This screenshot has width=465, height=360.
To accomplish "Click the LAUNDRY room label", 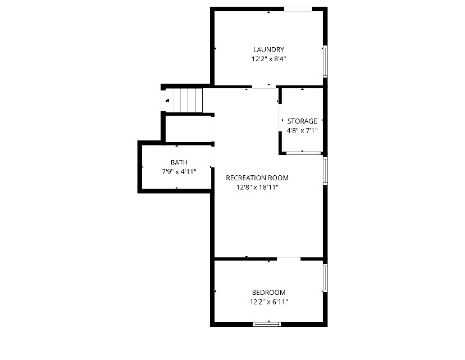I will tap(268, 49).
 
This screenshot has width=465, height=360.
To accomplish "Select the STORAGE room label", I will tap(302, 121).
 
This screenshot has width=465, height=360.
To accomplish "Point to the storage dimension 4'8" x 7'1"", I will tap(302, 130).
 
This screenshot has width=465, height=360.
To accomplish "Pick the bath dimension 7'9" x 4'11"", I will tap(179, 171).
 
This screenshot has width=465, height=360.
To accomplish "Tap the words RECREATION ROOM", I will tap(257, 178).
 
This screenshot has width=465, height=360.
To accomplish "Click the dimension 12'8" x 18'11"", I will tap(257, 187).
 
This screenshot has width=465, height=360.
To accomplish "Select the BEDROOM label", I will tap(268, 293).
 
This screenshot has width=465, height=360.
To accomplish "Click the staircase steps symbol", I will tap(188, 101).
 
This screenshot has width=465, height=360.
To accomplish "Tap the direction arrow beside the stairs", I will tap(167, 101).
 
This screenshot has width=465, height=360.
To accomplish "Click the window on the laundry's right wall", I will tap(325, 61).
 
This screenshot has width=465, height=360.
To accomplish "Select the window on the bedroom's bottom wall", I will tap(266, 323).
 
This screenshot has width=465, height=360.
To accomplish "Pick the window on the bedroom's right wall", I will tap(325, 277).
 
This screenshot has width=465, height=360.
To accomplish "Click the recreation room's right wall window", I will tap(325, 170).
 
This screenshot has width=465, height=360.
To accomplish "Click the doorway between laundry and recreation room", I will tap(264, 87).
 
